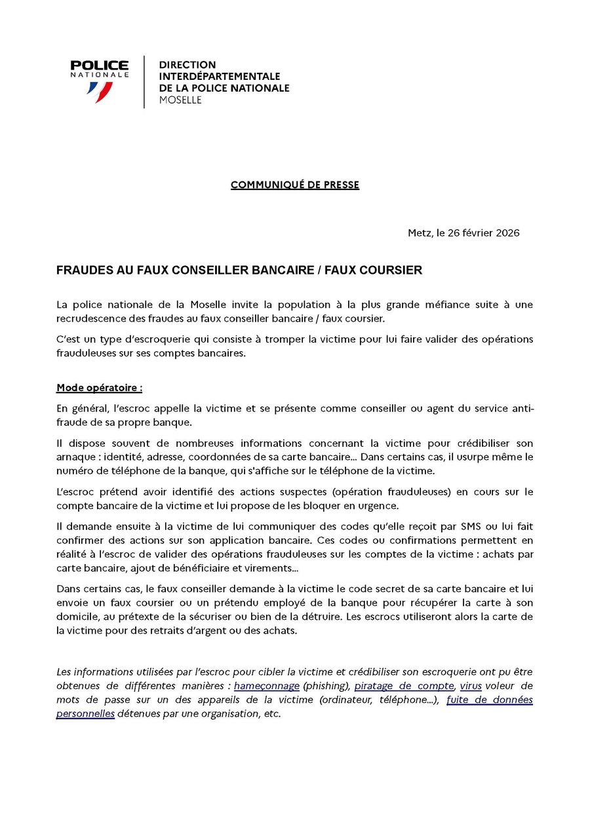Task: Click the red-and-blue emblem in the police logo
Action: (x=100, y=91)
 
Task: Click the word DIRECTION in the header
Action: (x=187, y=65)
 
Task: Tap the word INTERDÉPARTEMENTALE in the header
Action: (x=220, y=77)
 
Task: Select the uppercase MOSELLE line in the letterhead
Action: (x=180, y=100)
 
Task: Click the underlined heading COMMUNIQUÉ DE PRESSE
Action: (x=295, y=185)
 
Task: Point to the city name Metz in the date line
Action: (x=420, y=233)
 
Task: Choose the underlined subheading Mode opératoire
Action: (x=98, y=387)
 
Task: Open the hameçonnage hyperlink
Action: (x=267, y=686)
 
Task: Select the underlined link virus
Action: (x=471, y=686)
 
